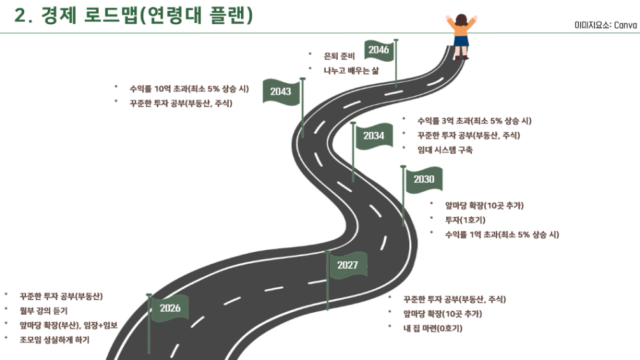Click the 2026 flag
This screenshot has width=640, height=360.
170,308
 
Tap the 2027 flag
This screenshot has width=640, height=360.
348,265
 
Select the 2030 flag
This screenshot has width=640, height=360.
423,179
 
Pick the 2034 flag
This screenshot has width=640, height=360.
374,136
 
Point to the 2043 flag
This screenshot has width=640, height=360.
280,92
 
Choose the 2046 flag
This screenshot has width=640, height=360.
379,50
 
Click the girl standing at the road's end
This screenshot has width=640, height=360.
460,35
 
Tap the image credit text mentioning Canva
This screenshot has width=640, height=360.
606,25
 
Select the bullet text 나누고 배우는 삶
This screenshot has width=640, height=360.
351,70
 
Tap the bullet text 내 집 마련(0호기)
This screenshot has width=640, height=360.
433,328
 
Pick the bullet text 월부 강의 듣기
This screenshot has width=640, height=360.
43,310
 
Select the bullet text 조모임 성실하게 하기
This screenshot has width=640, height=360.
55,340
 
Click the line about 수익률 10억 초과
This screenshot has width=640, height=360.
189,88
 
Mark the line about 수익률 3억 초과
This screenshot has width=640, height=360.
474,120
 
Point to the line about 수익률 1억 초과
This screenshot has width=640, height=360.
502,234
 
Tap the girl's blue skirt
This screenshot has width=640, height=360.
461,41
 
